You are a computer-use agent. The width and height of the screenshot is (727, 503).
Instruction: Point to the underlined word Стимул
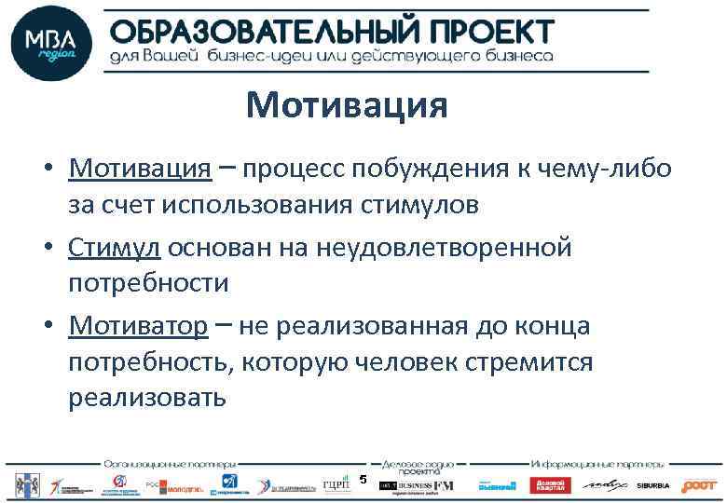114,248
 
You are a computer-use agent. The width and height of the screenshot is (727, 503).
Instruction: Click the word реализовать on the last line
146,398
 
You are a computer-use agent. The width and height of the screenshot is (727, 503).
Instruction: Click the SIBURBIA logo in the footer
654,485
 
